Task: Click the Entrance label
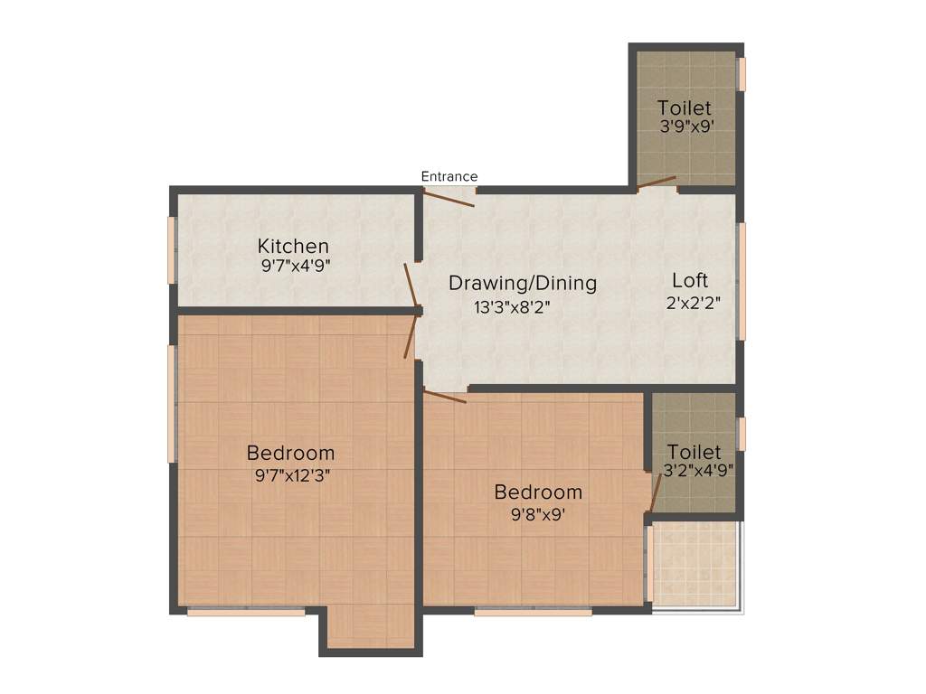tap(449, 176)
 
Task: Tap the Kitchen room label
tap(293, 246)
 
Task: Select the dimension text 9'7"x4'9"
tap(293, 266)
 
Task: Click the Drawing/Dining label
tap(523, 283)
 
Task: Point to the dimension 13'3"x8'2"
tap(512, 306)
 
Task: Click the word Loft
tap(690, 279)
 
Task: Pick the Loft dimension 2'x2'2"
tap(694, 303)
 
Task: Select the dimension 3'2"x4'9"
tap(698, 470)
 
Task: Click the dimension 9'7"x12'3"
tap(290, 475)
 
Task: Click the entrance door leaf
tap(449, 199)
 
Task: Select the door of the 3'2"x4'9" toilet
tap(656, 491)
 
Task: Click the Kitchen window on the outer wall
tap(171, 249)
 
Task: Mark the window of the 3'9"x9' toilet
tap(742, 74)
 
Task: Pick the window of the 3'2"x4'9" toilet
tap(741, 433)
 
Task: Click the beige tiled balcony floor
tap(694, 566)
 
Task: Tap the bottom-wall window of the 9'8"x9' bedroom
tap(534, 612)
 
